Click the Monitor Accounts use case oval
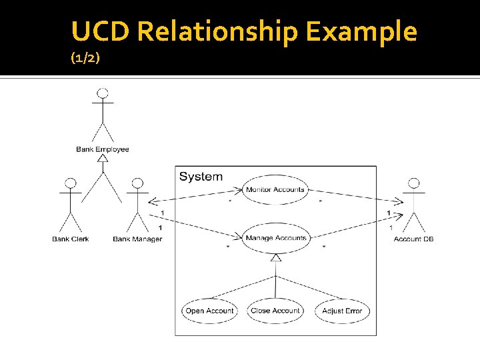click(275, 190)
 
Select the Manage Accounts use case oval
click(275, 238)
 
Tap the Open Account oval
click(209, 311)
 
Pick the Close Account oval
click(275, 311)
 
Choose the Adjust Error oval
click(342, 311)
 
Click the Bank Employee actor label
click(103, 149)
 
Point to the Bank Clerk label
click(71, 239)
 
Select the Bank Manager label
click(137, 239)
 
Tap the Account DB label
click(413, 239)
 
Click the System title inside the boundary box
click(201, 177)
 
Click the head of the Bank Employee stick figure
click(103, 93)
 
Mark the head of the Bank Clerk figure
click(69, 183)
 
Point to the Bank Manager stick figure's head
click(137, 183)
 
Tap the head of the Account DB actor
click(414, 183)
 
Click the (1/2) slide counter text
click(85, 59)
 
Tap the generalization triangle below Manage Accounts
click(275, 257)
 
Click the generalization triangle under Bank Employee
click(103, 158)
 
